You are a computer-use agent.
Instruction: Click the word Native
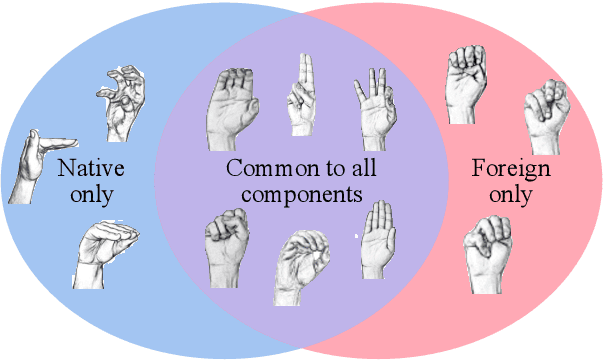pyautogui.click(x=85, y=168)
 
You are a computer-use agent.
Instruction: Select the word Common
pyautogui.click(x=262, y=168)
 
